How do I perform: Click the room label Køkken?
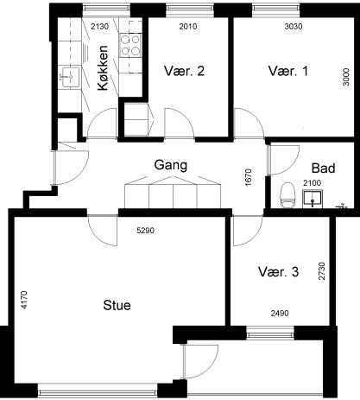103,68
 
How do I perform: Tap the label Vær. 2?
184,71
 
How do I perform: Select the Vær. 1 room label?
288,71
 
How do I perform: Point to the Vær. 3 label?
278,271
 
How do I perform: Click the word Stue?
117,305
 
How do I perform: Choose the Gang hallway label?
171,165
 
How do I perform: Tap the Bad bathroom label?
324,168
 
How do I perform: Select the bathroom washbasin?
313,199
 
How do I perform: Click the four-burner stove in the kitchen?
130,45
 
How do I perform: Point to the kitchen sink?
69,77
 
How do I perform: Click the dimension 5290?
145,231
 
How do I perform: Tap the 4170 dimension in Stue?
24,300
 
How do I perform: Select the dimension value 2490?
280,313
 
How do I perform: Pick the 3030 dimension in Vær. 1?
294,27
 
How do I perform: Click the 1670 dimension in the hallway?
248,177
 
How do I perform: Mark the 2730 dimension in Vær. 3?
322,271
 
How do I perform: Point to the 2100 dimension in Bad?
312,183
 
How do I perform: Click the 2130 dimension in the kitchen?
100,27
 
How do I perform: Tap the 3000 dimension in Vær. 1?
346,77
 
